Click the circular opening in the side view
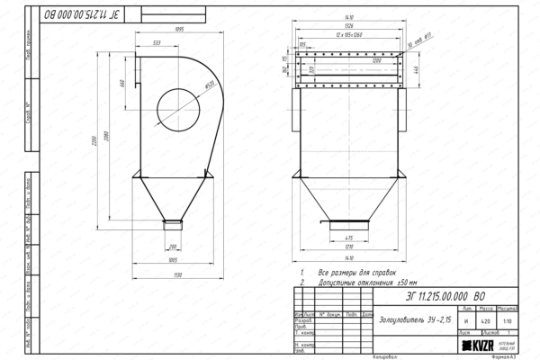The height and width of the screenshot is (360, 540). [x=178, y=105]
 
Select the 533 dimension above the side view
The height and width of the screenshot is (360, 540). [x=157, y=42]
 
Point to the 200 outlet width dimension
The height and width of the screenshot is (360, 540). [x=172, y=246]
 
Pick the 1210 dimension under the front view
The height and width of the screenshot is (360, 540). [x=347, y=246]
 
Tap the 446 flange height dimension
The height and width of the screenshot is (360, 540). [x=417, y=69]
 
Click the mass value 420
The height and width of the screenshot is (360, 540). [x=486, y=319]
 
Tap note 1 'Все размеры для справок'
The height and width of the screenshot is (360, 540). [x=351, y=270]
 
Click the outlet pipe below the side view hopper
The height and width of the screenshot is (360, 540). [x=172, y=222]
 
